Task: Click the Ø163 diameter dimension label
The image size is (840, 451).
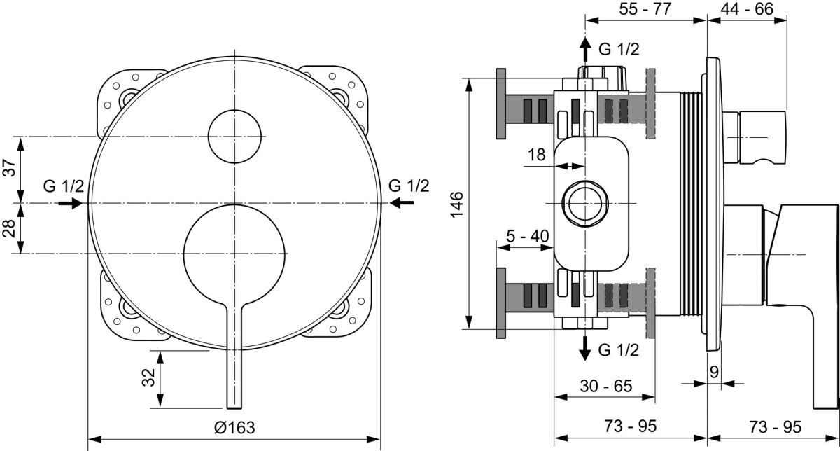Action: (234, 427)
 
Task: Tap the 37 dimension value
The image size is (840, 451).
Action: (10, 167)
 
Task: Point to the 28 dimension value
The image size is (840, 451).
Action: (10, 228)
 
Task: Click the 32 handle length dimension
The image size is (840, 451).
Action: (148, 377)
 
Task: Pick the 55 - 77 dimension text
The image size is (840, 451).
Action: (645, 8)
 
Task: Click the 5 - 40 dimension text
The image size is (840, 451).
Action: (528, 236)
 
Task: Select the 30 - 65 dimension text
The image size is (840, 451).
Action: (606, 386)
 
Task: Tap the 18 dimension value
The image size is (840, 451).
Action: (537, 155)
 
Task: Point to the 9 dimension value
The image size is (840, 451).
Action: (715, 372)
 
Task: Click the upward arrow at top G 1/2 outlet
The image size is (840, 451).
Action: (584, 49)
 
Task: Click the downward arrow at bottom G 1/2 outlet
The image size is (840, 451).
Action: (584, 349)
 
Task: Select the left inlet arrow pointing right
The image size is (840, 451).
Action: (70, 203)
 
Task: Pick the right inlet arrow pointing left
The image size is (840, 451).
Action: (402, 203)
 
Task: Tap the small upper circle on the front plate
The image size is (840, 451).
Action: (234, 137)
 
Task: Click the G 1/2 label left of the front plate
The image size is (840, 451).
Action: (64, 186)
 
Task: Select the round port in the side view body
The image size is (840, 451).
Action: (585, 203)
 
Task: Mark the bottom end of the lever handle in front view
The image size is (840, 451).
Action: (234, 408)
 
